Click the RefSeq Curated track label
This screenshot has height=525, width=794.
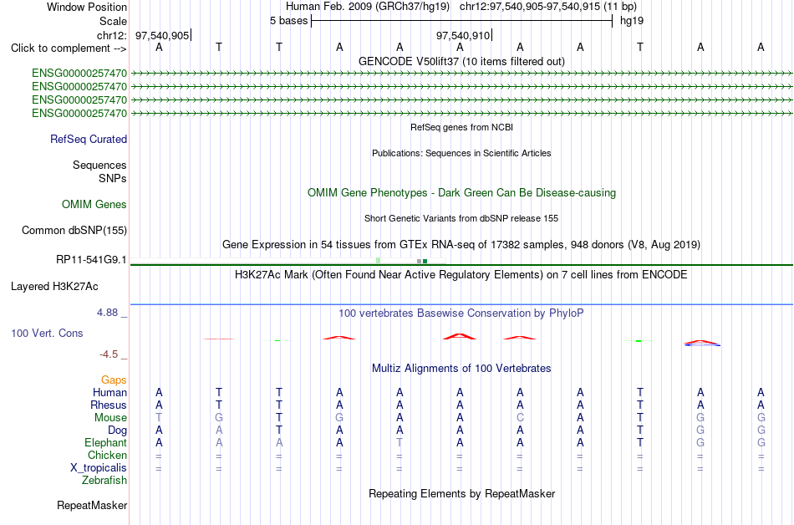(89, 140)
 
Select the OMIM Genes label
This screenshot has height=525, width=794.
(94, 205)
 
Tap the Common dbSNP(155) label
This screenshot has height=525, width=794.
(74, 231)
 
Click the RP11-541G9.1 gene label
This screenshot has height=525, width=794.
(92, 260)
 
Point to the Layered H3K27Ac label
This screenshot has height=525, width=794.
(54, 287)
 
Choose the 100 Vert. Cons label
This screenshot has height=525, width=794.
(47, 333)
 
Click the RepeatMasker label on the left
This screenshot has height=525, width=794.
(92, 505)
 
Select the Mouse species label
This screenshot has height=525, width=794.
(110, 418)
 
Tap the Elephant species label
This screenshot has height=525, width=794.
(106, 443)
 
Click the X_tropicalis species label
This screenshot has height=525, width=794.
(99, 468)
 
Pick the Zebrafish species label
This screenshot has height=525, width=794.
(104, 481)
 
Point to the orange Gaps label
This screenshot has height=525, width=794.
(114, 380)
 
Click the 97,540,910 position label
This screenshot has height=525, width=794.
(463, 35)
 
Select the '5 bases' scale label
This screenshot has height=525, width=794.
(288, 21)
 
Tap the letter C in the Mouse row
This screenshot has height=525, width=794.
(520, 418)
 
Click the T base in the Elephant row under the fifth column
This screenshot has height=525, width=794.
(400, 442)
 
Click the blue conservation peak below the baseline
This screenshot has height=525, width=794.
(702, 344)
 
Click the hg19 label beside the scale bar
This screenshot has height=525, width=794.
(632, 21)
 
